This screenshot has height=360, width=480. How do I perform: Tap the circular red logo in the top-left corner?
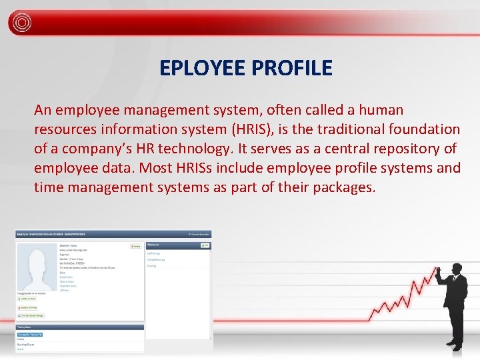[21, 22]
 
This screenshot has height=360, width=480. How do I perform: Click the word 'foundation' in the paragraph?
[426, 129]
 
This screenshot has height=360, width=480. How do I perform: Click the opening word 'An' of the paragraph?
[44, 109]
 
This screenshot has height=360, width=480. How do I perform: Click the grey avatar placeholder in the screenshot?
[37, 267]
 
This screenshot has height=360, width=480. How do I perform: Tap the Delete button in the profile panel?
[136, 245]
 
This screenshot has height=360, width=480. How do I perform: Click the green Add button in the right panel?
[205, 245]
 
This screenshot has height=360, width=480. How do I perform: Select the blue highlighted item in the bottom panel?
[30, 333]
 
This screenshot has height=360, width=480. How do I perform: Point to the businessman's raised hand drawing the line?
[439, 272]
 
